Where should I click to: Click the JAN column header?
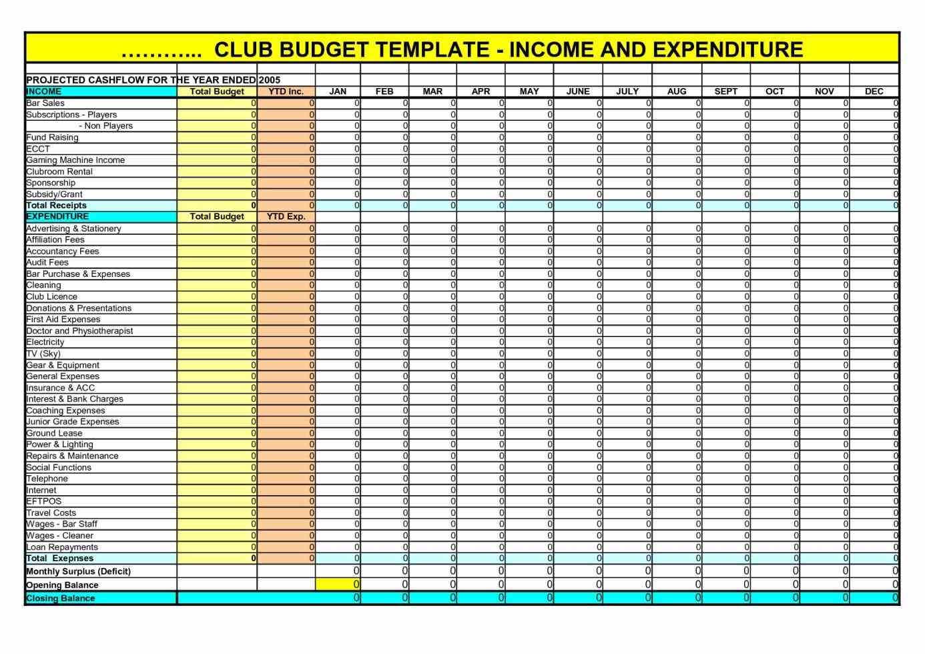pyautogui.click(x=338, y=91)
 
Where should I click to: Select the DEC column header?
pyautogui.click(x=874, y=91)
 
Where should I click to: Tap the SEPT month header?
pyautogui.click(x=725, y=91)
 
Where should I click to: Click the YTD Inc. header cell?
pyautogui.click(x=286, y=91)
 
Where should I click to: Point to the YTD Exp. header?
pyautogui.click(x=286, y=216)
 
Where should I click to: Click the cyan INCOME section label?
pyautogui.click(x=44, y=91)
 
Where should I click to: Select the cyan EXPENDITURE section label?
pyautogui.click(x=57, y=216)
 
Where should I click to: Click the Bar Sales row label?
pyautogui.click(x=45, y=103)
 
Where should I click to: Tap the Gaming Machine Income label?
pyautogui.click(x=75, y=160)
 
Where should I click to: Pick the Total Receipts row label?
pyautogui.click(x=56, y=206)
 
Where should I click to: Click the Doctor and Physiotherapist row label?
pyautogui.click(x=79, y=331)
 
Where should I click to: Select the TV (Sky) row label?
pyautogui.click(x=43, y=354)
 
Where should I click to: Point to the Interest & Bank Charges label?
pyautogui.click(x=75, y=399)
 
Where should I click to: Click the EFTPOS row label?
pyautogui.click(x=43, y=501)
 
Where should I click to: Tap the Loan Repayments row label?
pyautogui.click(x=62, y=547)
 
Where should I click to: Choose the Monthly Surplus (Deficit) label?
pyautogui.click(x=78, y=571)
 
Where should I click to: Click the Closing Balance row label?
pyautogui.click(x=60, y=599)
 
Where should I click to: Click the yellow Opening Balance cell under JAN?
pyautogui.click(x=338, y=585)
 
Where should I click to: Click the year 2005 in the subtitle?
pyautogui.click(x=269, y=80)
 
